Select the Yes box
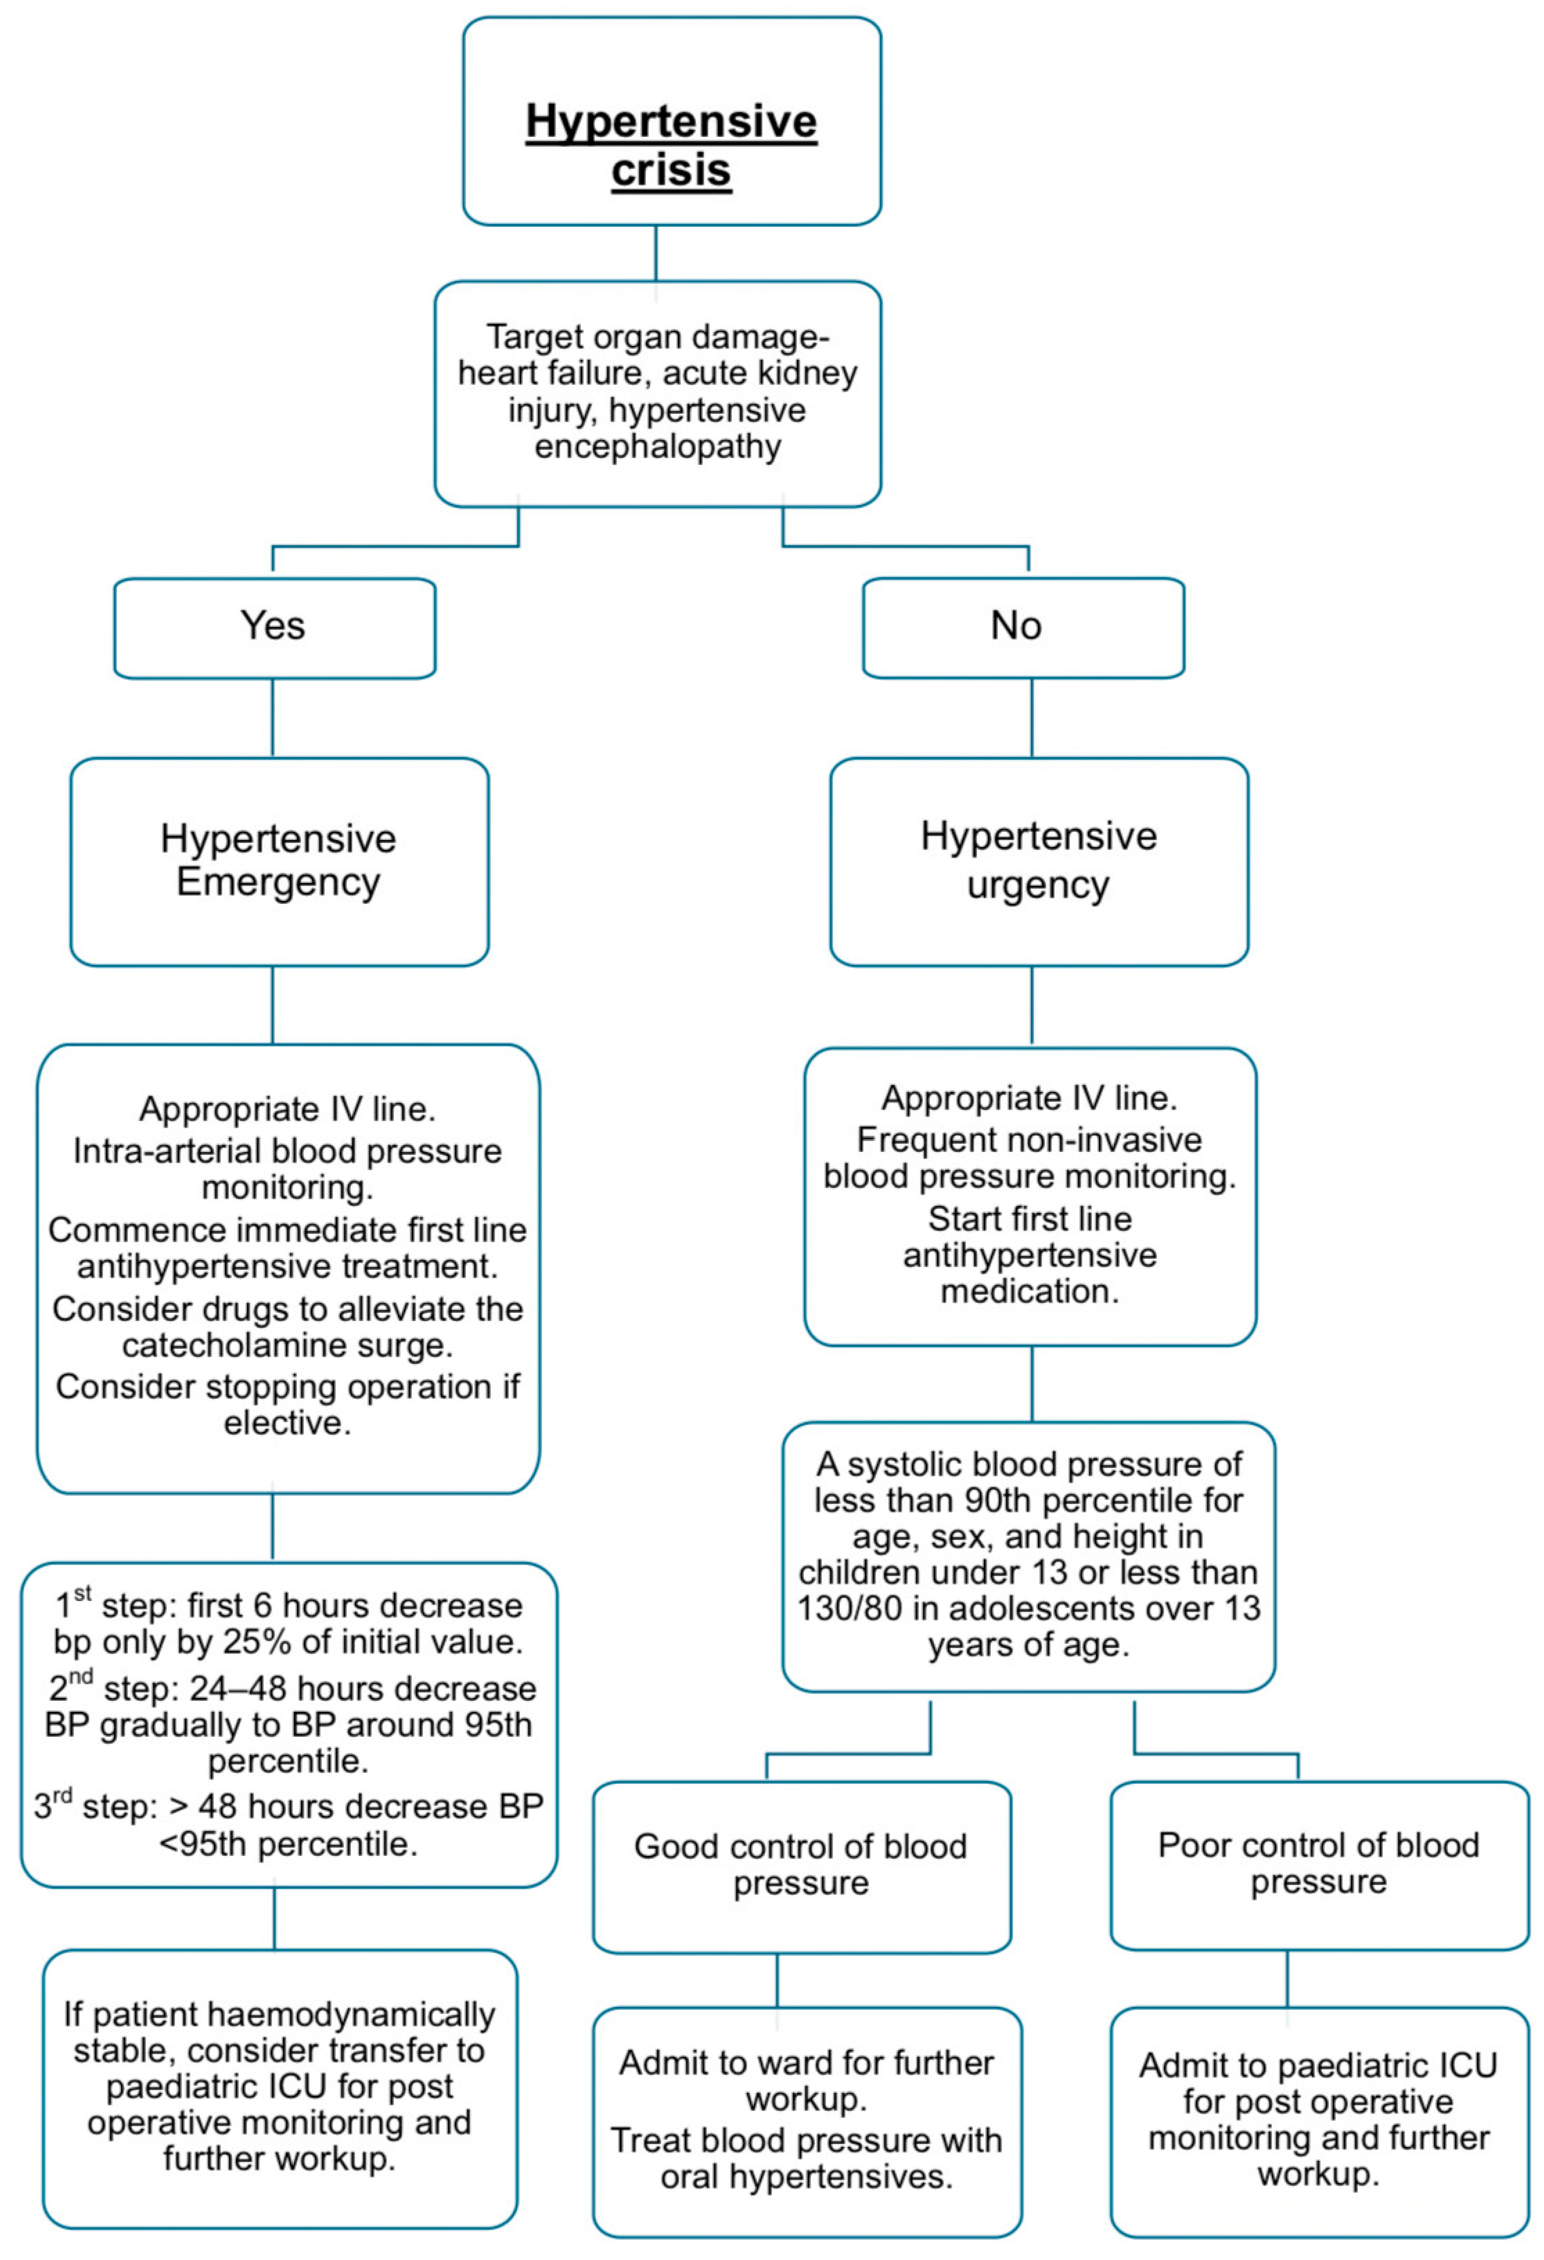[x=274, y=627]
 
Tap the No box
[x=1023, y=627]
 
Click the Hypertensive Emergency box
[x=279, y=861]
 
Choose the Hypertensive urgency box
[x=1038, y=861]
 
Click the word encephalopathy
[x=657, y=446]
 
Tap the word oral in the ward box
[x=688, y=2176]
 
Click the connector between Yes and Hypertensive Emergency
[x=272, y=718]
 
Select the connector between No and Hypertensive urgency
[x=1031, y=718]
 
